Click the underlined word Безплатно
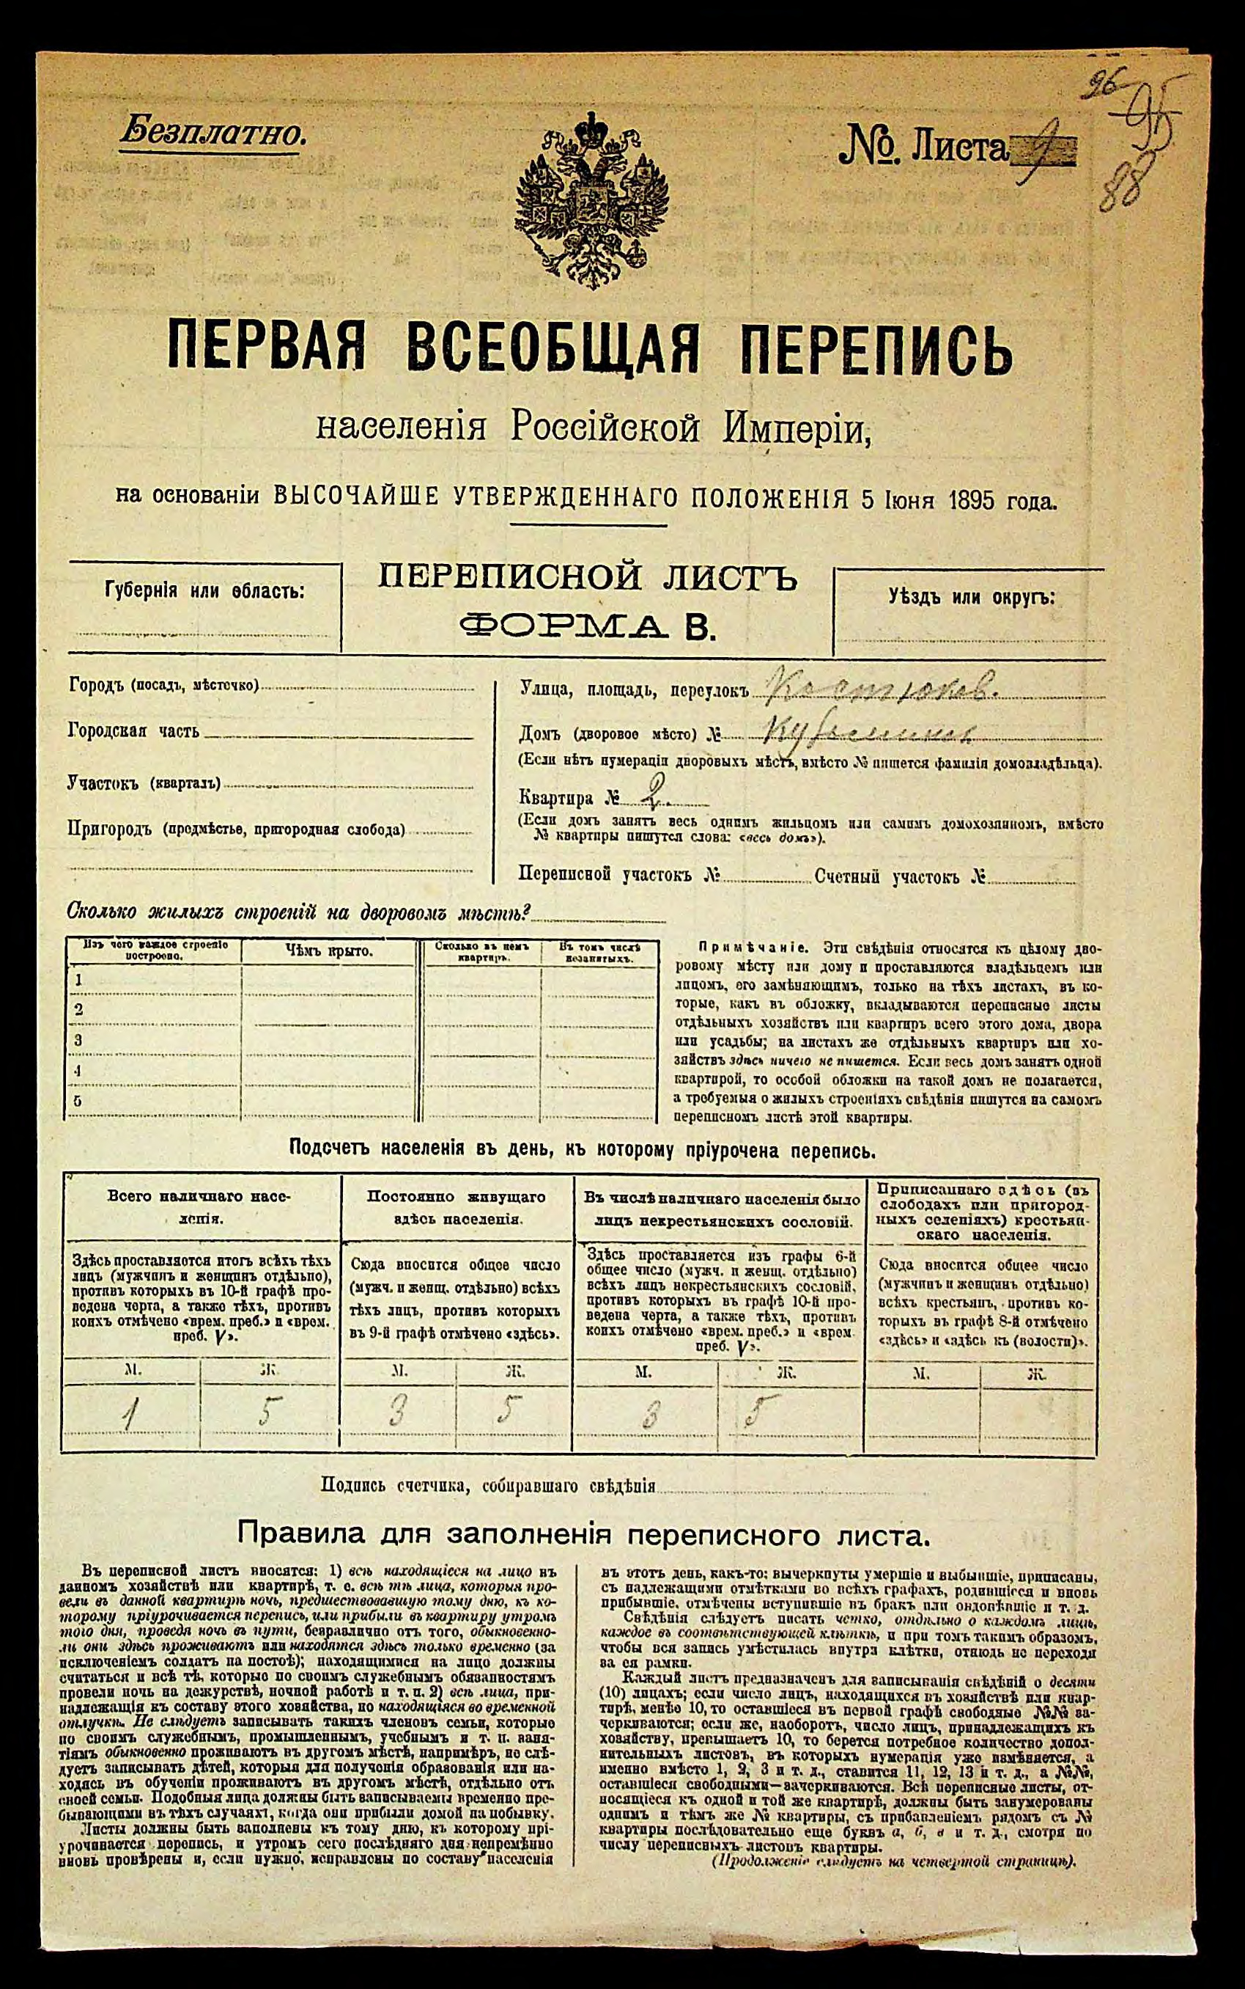click(x=213, y=132)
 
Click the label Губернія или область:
click(x=204, y=591)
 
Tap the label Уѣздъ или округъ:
click(x=971, y=596)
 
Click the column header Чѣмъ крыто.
click(x=328, y=950)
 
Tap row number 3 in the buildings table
click(x=78, y=1040)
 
